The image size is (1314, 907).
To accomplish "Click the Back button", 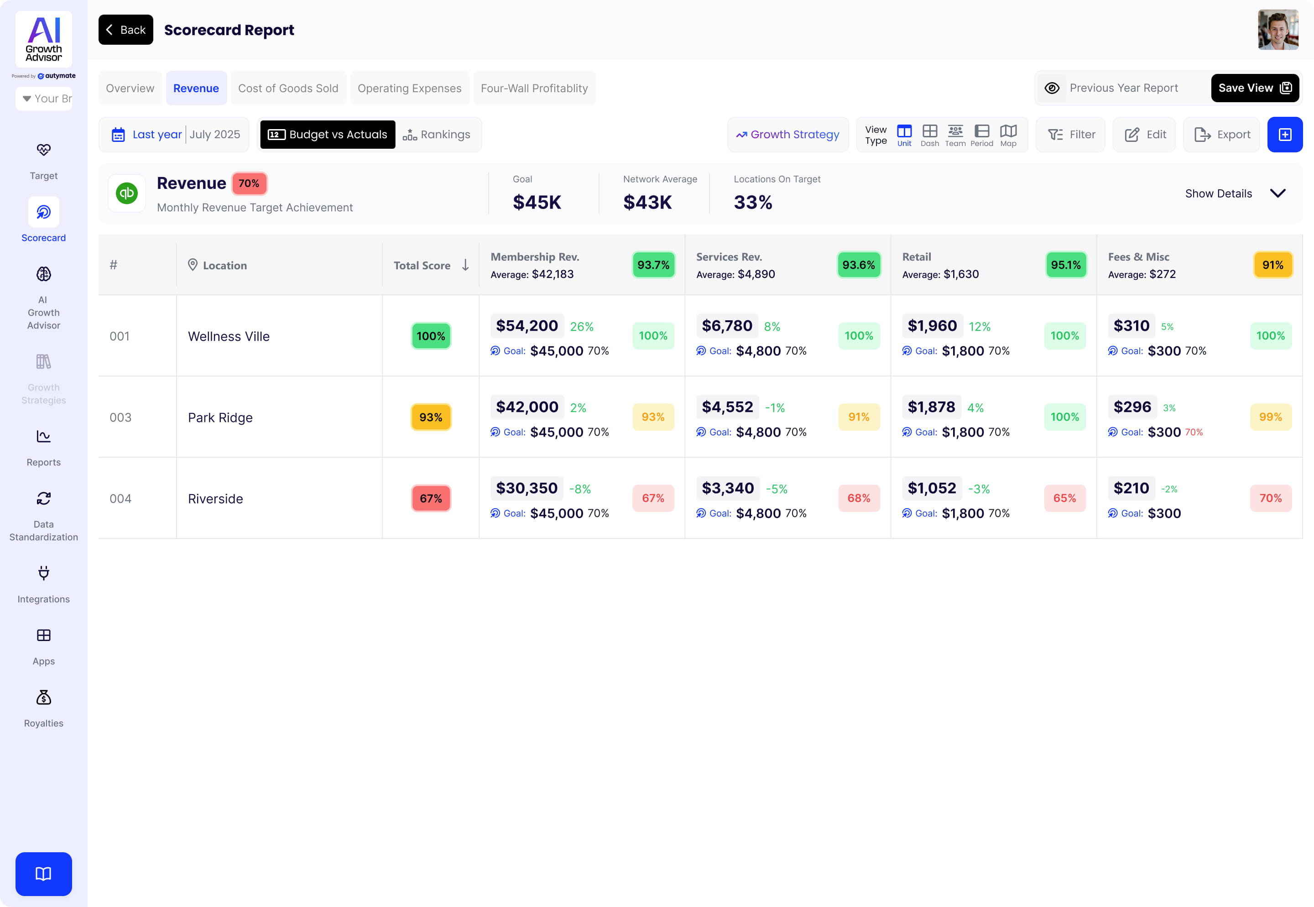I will coord(125,30).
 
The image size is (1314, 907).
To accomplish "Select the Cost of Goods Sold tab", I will coord(288,88).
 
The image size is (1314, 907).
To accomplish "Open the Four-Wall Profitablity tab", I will coord(534,88).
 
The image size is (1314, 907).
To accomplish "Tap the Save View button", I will coord(1254,88).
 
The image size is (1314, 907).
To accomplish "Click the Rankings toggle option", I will coord(437,135).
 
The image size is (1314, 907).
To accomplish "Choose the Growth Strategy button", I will coord(788,135).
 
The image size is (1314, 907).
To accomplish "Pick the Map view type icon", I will coord(1008,135).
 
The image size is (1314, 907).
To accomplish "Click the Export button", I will coord(1222,135).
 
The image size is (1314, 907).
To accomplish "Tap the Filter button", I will coord(1071,135).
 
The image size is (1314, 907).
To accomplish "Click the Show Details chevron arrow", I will coord(1277,193).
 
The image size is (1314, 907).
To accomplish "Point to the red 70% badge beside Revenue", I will coord(249,183).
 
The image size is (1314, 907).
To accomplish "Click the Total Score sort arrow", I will coord(465,265).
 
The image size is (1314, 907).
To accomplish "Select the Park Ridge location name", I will coord(220,418).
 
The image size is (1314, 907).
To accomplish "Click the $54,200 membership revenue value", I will coord(527,326).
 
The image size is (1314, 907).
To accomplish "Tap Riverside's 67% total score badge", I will coord(431,498).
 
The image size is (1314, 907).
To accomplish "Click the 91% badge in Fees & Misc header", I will coord(1272,265).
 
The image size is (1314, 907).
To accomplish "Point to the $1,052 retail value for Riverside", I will coord(932,488).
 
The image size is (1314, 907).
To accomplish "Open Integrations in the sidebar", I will coord(44,584).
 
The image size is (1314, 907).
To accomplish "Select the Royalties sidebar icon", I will coord(44,698).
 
